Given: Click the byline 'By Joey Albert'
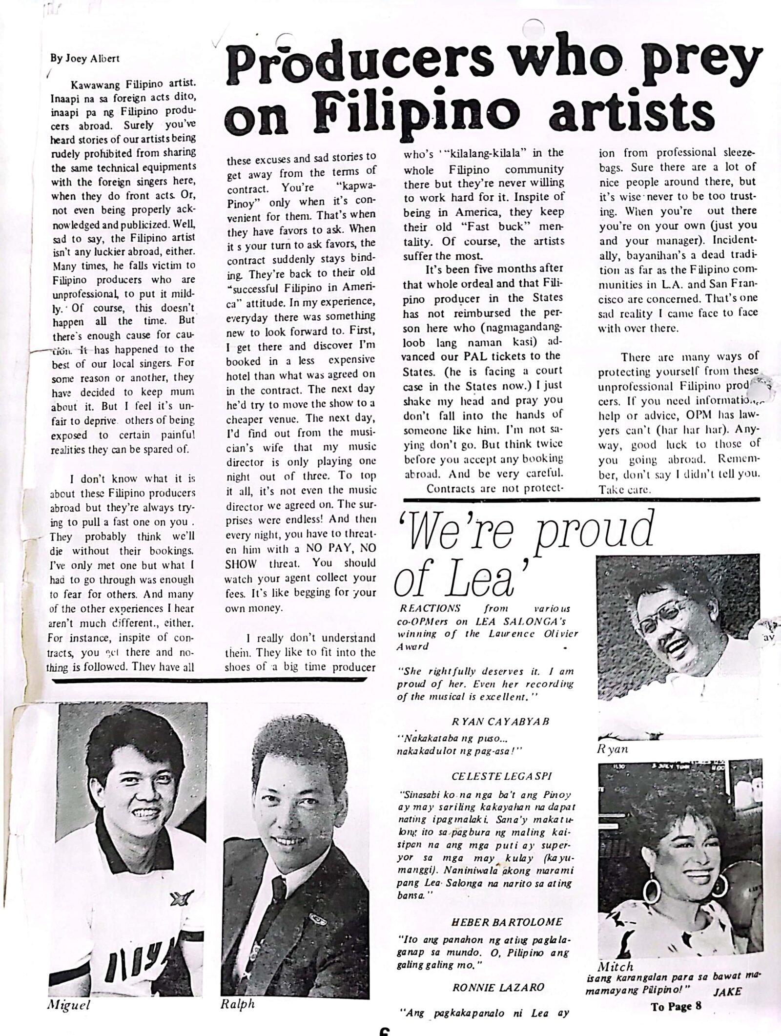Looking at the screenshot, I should point(84,58).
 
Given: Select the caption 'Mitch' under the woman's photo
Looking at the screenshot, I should point(616,966).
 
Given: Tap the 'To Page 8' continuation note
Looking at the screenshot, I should point(676,1006).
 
